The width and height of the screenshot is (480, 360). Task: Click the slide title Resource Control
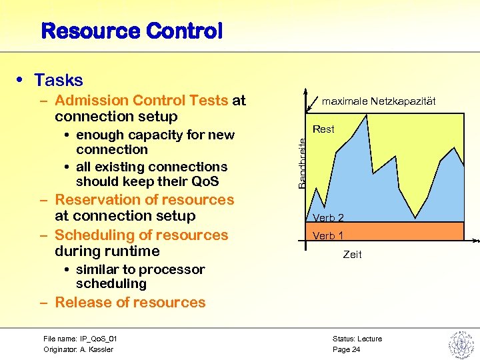click(131, 31)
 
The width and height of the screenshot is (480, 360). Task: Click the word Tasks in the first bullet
click(59, 81)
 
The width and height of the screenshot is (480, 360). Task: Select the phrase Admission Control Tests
click(141, 101)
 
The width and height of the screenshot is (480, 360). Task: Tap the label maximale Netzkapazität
click(379, 101)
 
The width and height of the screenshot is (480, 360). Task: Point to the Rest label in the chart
click(323, 129)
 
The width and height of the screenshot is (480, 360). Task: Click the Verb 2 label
click(328, 218)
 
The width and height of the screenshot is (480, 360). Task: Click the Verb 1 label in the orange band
click(328, 236)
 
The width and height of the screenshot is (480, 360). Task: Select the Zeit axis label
click(352, 255)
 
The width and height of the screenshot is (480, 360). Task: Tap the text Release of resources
click(130, 303)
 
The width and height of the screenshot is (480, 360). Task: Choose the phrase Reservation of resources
click(144, 200)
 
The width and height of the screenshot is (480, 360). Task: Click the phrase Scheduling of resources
click(141, 235)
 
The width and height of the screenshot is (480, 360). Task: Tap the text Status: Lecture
click(357, 339)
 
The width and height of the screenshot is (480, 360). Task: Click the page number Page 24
click(346, 349)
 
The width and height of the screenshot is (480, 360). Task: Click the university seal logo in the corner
click(460, 344)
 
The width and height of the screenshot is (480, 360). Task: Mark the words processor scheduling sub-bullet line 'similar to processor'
click(140, 270)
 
